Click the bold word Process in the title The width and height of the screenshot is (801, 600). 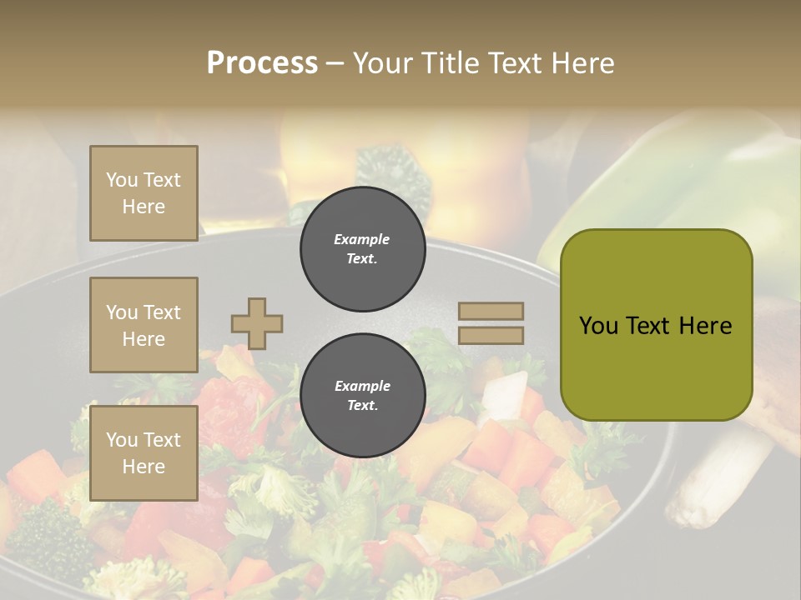tap(262, 63)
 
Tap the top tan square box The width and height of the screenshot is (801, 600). tap(144, 193)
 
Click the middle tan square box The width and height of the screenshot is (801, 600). tap(144, 325)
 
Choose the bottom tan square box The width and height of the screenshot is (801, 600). tap(144, 452)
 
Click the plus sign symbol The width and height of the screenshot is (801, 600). tap(257, 323)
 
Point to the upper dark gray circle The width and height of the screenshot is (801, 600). tap(362, 249)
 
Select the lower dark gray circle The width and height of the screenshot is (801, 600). tap(362, 396)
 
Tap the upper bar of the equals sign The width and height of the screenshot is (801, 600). tap(491, 312)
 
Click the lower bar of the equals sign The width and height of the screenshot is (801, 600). tap(491, 335)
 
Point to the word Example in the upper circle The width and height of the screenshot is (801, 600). tap(362, 239)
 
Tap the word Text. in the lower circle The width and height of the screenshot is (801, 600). tap(362, 406)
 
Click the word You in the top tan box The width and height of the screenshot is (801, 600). tap(121, 180)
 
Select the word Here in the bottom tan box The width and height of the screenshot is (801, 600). tap(144, 467)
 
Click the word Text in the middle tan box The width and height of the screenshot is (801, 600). tap(161, 312)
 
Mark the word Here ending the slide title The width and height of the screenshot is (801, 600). tap(583, 63)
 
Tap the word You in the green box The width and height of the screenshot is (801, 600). tap(598, 326)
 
